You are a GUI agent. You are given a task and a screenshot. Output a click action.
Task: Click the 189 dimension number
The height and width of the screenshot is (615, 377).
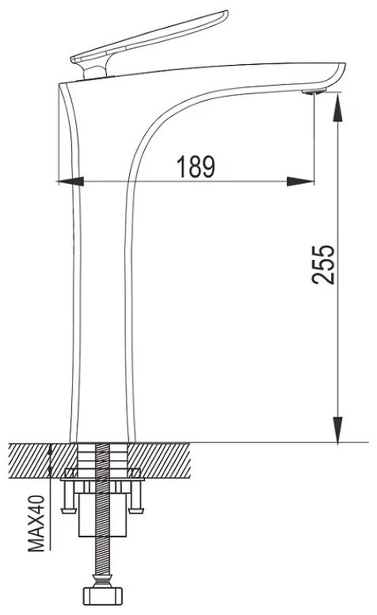point(196,166)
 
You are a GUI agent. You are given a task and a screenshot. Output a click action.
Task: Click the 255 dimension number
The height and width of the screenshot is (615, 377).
point(323,265)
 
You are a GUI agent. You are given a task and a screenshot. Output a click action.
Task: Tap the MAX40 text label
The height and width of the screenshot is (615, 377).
point(36,523)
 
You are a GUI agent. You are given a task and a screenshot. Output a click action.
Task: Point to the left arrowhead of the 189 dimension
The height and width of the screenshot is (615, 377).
point(70,181)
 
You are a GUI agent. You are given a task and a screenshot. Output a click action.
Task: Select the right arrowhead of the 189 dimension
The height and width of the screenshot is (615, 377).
point(301,181)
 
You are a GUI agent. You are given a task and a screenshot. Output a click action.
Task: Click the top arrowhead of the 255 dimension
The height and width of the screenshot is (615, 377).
point(337,108)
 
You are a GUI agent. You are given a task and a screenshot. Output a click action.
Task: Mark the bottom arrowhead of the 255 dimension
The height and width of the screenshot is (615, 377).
point(337,430)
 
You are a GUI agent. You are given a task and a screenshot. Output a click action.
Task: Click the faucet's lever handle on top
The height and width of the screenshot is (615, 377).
point(149,41)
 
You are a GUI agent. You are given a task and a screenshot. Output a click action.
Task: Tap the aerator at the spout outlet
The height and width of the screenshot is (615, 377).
point(314,92)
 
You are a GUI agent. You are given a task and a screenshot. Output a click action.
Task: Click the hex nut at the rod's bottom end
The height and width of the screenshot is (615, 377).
point(103,596)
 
